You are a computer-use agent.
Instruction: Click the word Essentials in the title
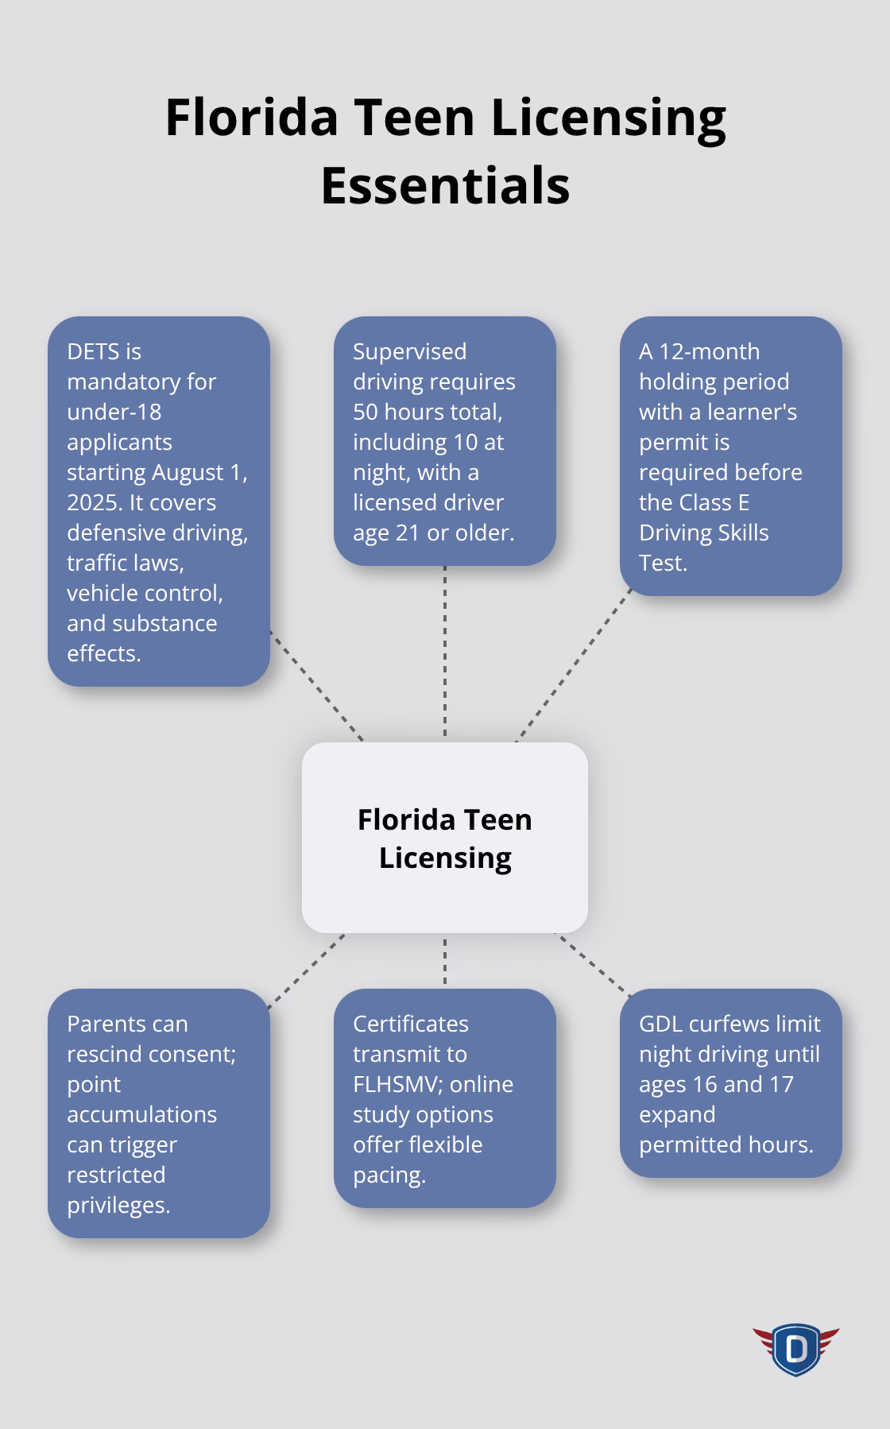click(x=445, y=186)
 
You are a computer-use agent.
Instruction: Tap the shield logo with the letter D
click(x=795, y=1349)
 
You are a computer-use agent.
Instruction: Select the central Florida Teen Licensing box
click(x=445, y=838)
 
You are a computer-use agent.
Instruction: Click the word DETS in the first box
click(x=93, y=351)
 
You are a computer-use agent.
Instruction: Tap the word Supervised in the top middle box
click(x=409, y=351)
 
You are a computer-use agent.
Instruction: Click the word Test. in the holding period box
click(x=663, y=563)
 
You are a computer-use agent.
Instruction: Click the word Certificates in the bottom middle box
click(x=411, y=1024)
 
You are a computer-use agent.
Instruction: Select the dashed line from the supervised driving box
click(x=445, y=652)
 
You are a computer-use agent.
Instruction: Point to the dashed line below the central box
click(x=445, y=960)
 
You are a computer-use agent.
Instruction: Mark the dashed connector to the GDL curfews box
click(x=592, y=964)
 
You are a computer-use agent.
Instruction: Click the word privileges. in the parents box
click(x=118, y=1205)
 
